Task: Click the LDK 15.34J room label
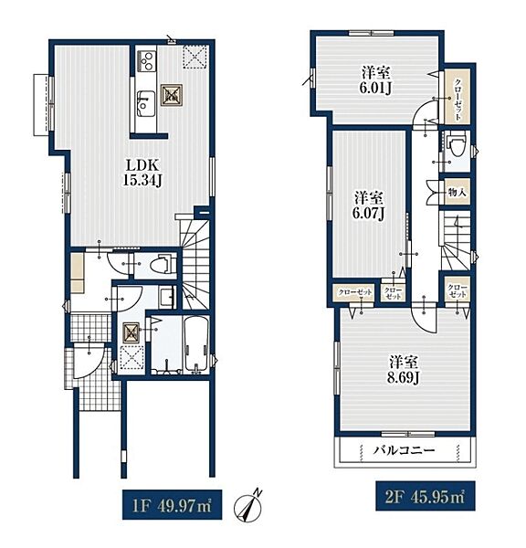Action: coord(142,173)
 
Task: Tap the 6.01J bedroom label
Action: coord(375,81)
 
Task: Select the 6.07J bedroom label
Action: coord(369,206)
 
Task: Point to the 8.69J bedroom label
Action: coord(404,370)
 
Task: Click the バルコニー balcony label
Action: coord(404,450)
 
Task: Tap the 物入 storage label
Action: coord(458,192)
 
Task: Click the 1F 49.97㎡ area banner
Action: coord(172,505)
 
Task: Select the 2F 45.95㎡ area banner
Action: coord(426,497)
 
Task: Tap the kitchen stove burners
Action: coord(147,61)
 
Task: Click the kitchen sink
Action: coord(146,103)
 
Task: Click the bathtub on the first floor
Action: coord(195,343)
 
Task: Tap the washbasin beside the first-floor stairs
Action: coord(167,297)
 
